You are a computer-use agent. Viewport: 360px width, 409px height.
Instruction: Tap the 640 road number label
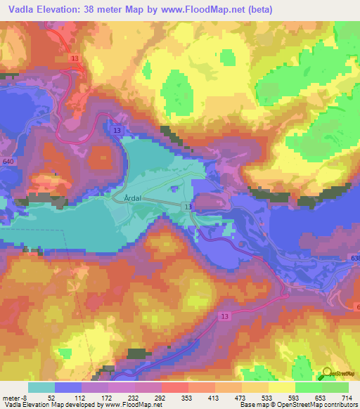(x=8, y=162)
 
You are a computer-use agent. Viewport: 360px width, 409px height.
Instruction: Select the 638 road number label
(x=354, y=259)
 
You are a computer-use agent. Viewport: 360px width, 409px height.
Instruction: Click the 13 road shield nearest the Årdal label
(x=188, y=207)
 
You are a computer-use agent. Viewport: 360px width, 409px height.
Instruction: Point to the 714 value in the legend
(x=345, y=397)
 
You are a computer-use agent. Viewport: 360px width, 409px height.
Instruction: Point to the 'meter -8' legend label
(x=14, y=397)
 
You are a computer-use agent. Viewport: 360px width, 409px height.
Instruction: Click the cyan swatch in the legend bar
(x=41, y=387)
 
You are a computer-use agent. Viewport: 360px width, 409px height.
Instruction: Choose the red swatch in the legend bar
(x=174, y=387)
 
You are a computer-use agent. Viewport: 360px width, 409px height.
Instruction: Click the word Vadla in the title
(x=19, y=9)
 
